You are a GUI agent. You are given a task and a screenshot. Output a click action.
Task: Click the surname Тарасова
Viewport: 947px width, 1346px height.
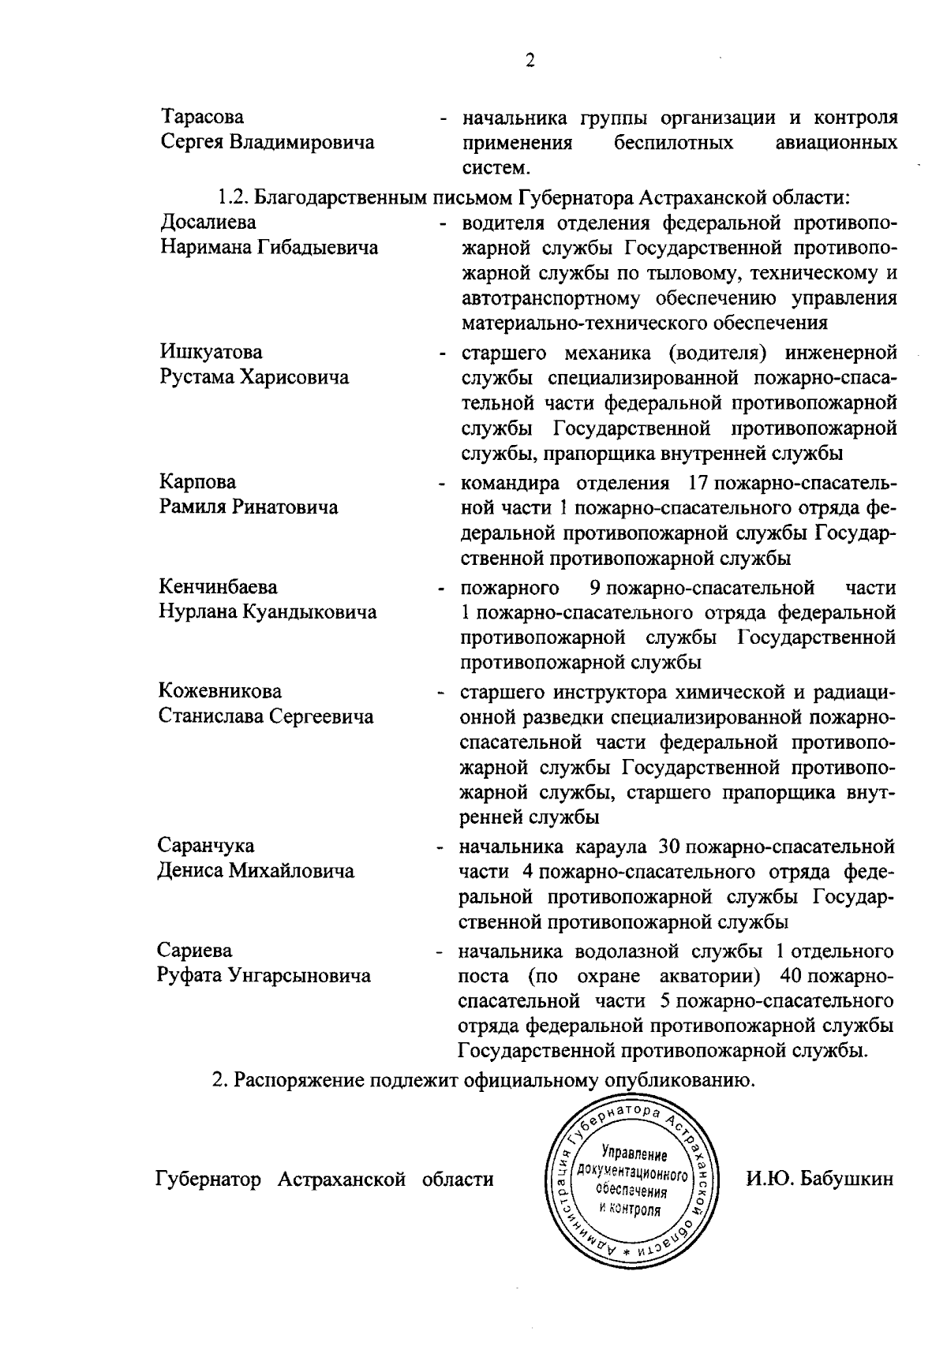[x=203, y=118]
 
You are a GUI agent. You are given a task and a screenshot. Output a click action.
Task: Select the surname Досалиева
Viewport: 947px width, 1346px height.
[x=208, y=222]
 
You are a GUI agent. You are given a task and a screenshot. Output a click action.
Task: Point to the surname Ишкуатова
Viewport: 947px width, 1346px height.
[x=211, y=352]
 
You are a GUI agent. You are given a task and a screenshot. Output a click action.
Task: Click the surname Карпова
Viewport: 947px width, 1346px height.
[x=197, y=482]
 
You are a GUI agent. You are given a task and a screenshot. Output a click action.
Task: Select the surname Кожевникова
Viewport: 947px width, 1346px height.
[x=220, y=692]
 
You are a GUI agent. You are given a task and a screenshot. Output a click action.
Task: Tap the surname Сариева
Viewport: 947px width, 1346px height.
[x=195, y=951]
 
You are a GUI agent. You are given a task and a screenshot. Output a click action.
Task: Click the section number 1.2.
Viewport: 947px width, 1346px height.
[x=234, y=197]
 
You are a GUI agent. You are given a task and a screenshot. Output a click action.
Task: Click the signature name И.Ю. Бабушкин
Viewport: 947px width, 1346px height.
[x=820, y=1180]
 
